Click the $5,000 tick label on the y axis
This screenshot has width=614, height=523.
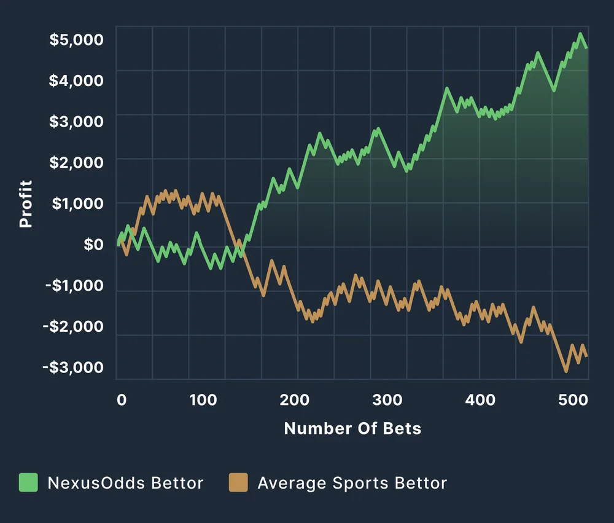(x=76, y=39)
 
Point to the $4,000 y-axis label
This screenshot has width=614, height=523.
(x=76, y=81)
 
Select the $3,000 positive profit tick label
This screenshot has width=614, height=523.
(x=76, y=121)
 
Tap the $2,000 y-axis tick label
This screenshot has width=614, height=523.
(x=76, y=162)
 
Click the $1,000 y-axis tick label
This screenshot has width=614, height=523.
(x=76, y=203)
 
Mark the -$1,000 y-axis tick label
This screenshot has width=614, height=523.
(x=73, y=286)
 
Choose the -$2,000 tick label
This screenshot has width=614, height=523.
(x=73, y=326)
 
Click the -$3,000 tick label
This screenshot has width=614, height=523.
(x=73, y=368)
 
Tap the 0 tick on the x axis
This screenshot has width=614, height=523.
(x=122, y=400)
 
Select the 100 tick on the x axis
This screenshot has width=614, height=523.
(x=203, y=400)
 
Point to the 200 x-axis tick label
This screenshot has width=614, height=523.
(x=295, y=400)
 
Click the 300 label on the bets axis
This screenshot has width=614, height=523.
(x=387, y=400)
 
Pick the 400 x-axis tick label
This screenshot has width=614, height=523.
(x=480, y=400)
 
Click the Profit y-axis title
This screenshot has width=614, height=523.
(x=26, y=203)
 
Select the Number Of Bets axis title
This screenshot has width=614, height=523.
(x=352, y=428)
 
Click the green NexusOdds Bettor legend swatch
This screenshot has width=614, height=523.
(x=29, y=482)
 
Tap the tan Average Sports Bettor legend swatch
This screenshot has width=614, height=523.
(x=238, y=482)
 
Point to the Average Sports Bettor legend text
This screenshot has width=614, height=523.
(x=352, y=483)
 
